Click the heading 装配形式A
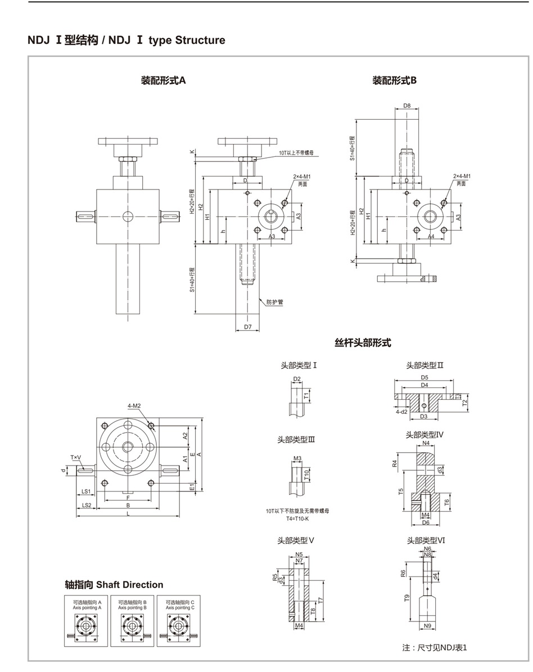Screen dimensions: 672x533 pos(163,80)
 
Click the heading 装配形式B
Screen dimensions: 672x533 pos(395,80)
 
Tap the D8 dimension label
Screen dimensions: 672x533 pos(407,105)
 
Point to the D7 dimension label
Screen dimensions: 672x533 pos(248,326)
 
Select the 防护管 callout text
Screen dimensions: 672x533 pos(275,302)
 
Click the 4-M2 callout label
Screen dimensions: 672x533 pos(134,405)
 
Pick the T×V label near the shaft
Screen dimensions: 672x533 pos(76,457)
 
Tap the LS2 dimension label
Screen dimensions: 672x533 pos(87,505)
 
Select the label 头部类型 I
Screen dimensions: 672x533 pos(299,365)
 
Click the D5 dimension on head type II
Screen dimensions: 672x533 pos(425,377)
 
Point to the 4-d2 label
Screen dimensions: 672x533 pos(401,412)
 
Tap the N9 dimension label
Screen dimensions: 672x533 pos(427,625)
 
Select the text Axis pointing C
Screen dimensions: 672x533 pos(180,608)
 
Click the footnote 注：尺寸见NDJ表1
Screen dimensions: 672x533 pos(435,647)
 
